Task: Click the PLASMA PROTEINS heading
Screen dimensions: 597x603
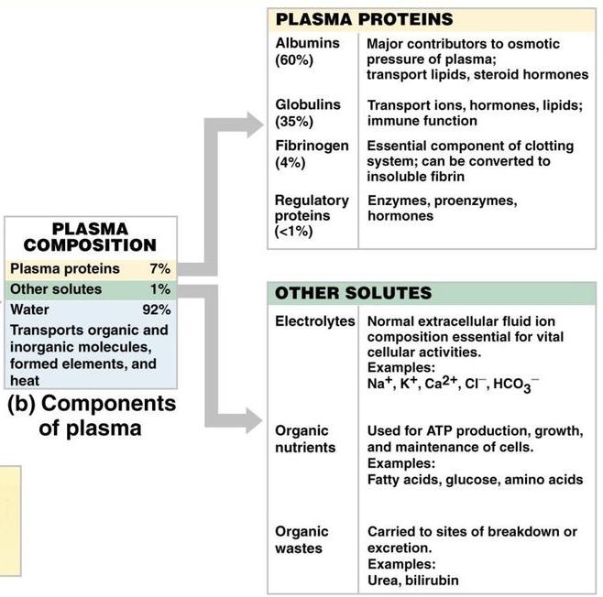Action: click(364, 19)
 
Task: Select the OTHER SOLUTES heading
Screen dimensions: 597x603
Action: click(353, 293)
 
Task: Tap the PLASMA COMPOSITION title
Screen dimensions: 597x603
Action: click(90, 236)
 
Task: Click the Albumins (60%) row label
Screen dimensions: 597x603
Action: click(307, 51)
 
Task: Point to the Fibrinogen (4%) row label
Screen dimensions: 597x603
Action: click(312, 154)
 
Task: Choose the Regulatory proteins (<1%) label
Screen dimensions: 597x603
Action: click(312, 215)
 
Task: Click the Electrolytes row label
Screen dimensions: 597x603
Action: click(314, 322)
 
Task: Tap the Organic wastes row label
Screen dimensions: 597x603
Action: click(301, 539)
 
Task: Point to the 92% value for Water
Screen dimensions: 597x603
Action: click(156, 309)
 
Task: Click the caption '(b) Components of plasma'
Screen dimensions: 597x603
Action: click(90, 416)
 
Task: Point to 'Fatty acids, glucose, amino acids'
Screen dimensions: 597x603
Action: click(475, 480)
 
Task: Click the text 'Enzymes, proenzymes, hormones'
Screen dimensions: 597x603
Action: click(442, 208)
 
